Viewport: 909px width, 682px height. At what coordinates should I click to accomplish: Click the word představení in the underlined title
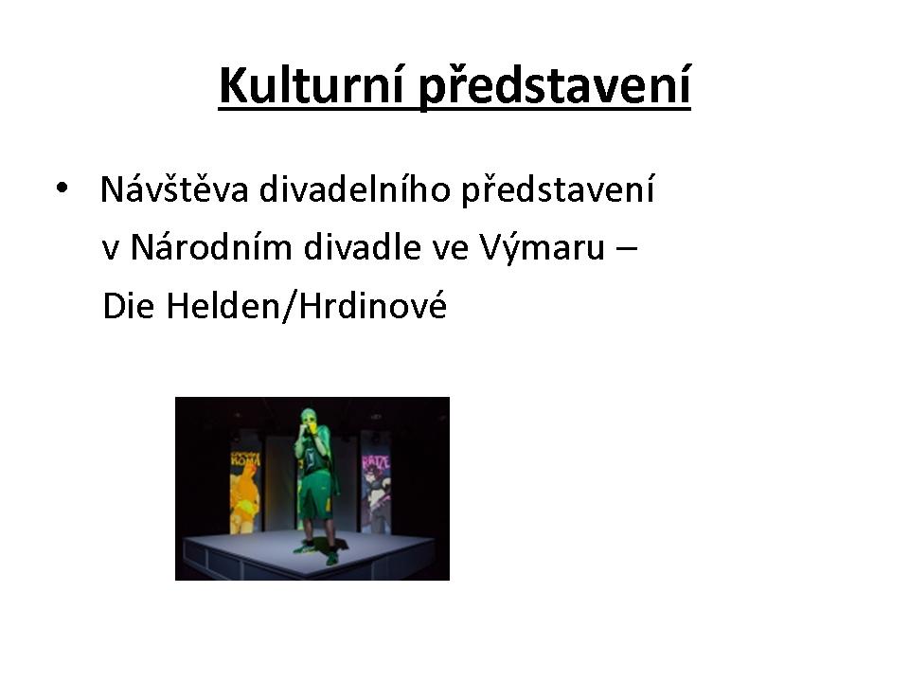tap(554, 87)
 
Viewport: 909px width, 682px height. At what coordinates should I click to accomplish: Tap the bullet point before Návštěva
tap(62, 188)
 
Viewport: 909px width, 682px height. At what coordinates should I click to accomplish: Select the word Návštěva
tap(174, 188)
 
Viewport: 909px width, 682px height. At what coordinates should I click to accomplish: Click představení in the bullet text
tap(558, 189)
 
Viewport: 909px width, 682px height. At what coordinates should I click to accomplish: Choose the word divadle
tap(362, 246)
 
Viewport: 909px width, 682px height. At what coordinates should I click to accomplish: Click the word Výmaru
tap(542, 247)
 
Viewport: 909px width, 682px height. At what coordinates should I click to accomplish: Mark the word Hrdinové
tap(373, 305)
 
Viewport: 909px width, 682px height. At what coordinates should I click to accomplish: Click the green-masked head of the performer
tap(310, 419)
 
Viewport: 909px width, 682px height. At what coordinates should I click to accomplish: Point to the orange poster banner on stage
tap(245, 491)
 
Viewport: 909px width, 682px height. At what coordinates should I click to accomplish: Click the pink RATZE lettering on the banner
tap(376, 462)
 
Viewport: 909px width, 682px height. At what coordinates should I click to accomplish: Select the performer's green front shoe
tap(304, 547)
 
